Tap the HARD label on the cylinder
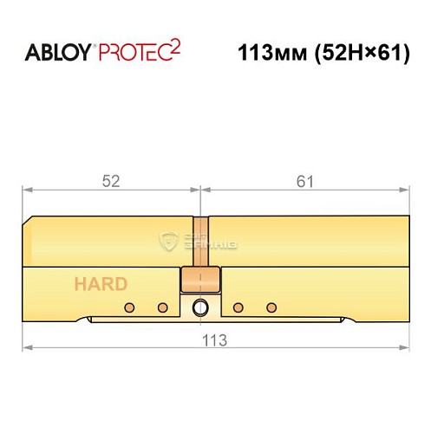point(101,283)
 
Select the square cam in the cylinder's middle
point(199,281)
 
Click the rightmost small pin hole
point(271,307)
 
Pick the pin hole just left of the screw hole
point(162,307)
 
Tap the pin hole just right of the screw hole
point(239,307)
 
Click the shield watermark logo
point(170,241)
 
